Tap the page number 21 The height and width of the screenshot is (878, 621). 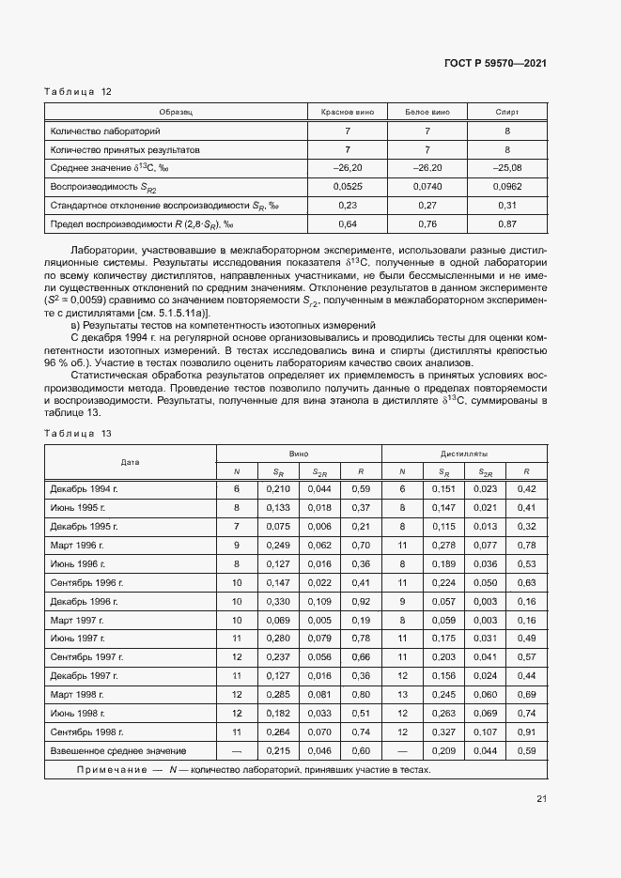pyautogui.click(x=541, y=798)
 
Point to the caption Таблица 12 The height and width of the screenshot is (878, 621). pyautogui.click(x=78, y=91)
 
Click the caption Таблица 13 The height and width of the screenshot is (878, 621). pyautogui.click(x=78, y=433)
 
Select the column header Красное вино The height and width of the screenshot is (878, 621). pyautogui.click(x=347, y=112)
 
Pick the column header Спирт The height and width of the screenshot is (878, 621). pyautogui.click(x=506, y=112)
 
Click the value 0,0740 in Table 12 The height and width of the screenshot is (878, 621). pyautogui.click(x=427, y=186)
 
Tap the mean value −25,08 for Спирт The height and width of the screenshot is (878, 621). pyautogui.click(x=506, y=168)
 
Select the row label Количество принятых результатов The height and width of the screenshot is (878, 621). pyautogui.click(x=125, y=149)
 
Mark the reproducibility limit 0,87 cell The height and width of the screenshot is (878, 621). pyautogui.click(x=506, y=223)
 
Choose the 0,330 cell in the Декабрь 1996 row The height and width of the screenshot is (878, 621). pyautogui.click(x=278, y=601)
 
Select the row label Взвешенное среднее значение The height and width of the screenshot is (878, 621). pyautogui.click(x=118, y=751)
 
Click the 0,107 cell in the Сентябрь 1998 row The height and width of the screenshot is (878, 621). pyautogui.click(x=486, y=732)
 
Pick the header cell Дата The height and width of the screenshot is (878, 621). pyautogui.click(x=131, y=462)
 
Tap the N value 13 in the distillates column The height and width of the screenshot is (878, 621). pyautogui.click(x=402, y=695)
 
